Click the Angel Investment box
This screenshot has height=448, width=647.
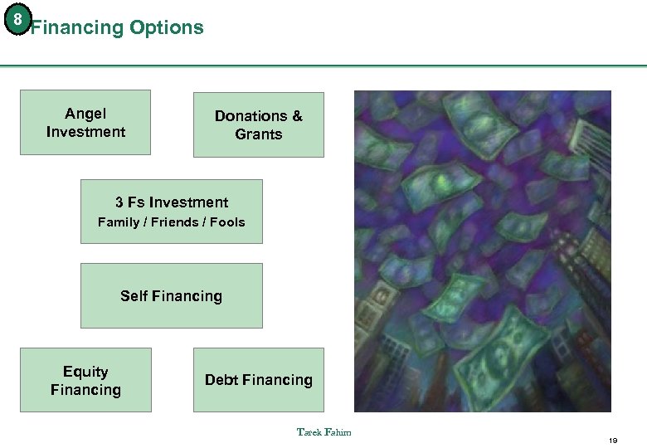(85, 122)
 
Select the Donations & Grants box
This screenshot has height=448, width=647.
(258, 124)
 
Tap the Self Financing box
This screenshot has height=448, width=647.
(171, 296)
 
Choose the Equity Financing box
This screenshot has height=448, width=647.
(85, 380)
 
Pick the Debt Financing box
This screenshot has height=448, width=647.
(258, 380)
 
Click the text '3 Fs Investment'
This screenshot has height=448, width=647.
(172, 202)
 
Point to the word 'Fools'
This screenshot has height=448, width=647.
(227, 222)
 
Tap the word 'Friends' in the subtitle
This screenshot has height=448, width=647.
(174, 222)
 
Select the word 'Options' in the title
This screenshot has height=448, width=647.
(166, 27)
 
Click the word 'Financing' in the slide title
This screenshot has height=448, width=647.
(76, 27)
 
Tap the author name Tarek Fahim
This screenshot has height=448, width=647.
(323, 431)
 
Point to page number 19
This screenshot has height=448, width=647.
(613, 440)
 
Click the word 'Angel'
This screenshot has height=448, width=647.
(85, 114)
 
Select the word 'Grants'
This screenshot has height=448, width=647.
(259, 134)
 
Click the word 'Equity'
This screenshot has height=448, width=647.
(85, 372)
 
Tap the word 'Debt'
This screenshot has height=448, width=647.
(221, 380)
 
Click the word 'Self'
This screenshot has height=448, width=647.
(134, 296)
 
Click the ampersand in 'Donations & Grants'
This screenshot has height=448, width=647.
(296, 116)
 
